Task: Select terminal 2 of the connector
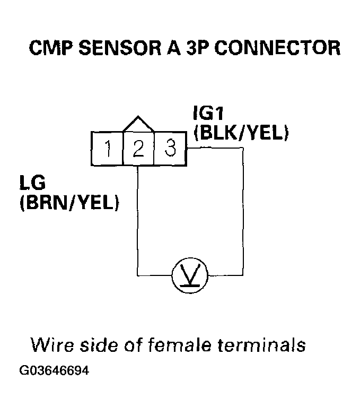click(x=138, y=149)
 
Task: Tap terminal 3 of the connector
click(x=170, y=149)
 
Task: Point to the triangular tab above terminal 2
click(x=138, y=124)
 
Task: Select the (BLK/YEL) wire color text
click(x=241, y=133)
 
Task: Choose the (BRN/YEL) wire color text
click(x=69, y=203)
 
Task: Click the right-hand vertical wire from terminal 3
click(x=243, y=212)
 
